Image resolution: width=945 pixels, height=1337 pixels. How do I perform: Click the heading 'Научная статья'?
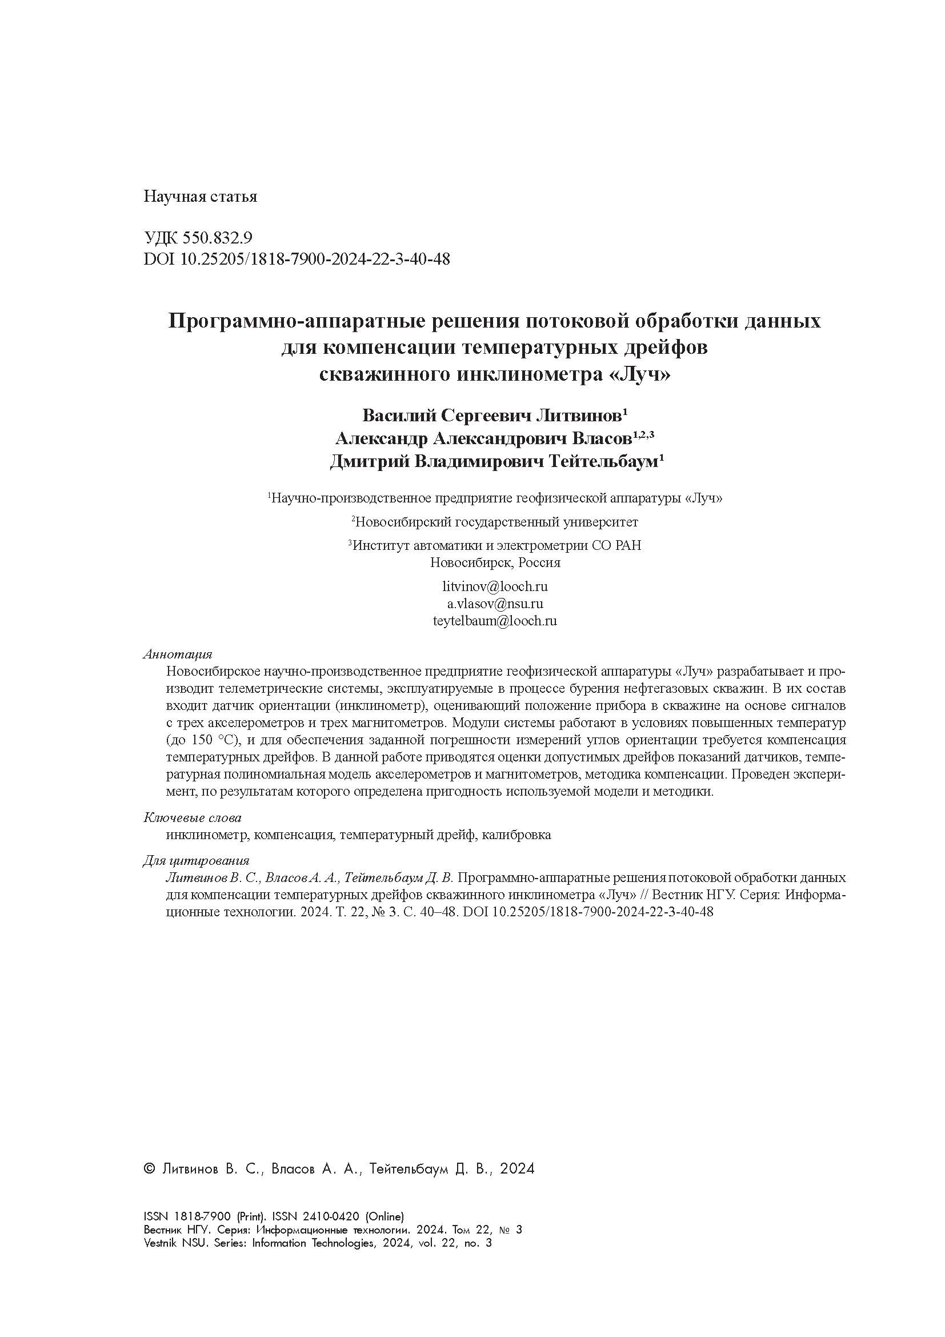click(199, 197)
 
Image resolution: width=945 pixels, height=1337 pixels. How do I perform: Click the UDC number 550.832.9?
click(217, 238)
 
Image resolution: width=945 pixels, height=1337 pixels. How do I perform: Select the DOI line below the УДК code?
click(296, 258)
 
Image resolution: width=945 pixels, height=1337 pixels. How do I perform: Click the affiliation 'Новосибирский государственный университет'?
click(496, 522)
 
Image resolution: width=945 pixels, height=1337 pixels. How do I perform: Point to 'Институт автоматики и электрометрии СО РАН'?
click(498, 546)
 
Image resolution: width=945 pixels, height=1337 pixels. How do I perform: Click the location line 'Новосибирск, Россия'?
click(495, 562)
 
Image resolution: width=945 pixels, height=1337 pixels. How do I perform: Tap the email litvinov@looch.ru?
click(495, 586)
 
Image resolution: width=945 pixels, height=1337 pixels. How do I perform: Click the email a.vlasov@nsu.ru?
click(495, 603)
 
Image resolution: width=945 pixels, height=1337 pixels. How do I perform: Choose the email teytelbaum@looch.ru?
click(495, 621)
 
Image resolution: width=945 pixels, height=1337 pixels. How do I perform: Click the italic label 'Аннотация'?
click(178, 654)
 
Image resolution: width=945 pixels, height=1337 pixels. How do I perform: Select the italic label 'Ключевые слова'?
click(192, 818)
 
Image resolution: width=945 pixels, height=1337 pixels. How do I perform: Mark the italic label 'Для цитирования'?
click(196, 861)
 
